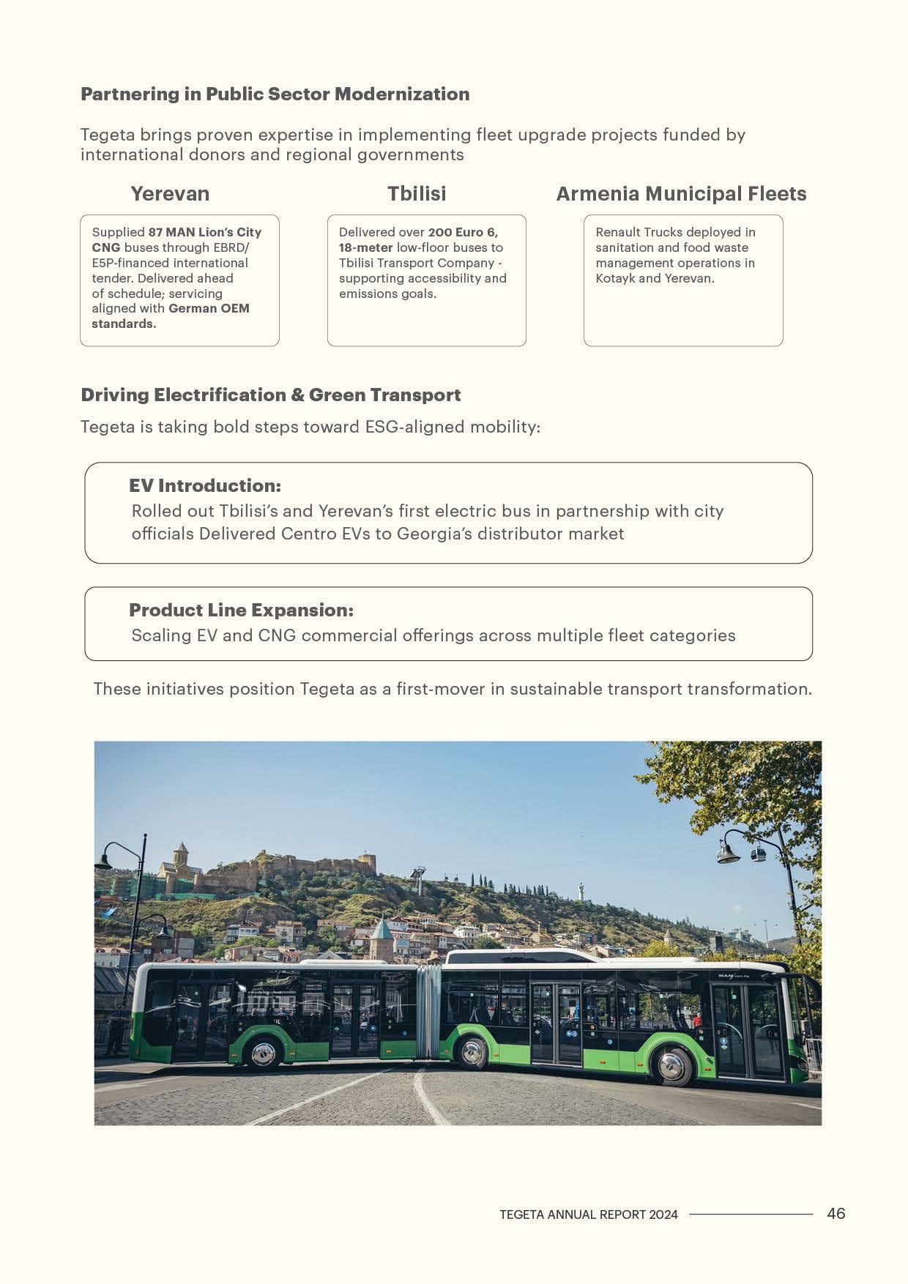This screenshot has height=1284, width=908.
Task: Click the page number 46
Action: [836, 1214]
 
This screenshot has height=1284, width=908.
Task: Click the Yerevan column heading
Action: [170, 194]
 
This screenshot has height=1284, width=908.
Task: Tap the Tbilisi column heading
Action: [417, 194]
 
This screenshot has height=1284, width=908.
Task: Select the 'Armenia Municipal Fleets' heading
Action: [681, 194]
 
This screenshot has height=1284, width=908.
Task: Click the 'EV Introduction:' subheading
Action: [205, 486]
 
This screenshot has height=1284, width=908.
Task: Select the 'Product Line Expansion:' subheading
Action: [241, 611]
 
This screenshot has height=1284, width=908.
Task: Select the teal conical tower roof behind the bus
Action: [382, 930]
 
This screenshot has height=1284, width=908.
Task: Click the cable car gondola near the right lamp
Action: [757, 854]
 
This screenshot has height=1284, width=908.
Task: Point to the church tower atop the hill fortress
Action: [180, 858]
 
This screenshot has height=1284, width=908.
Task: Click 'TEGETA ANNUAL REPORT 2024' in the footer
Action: [589, 1214]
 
